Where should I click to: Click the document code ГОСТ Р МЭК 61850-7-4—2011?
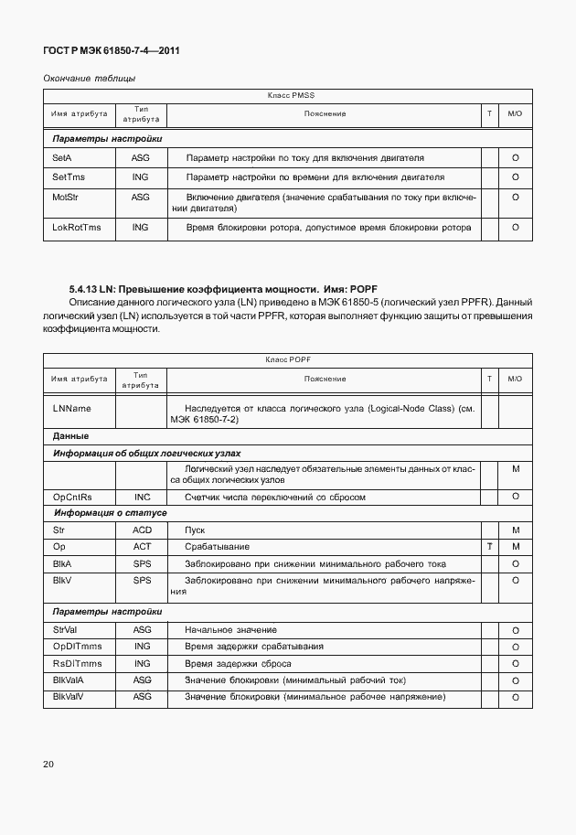coord(112,51)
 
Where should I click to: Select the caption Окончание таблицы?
coord(90,79)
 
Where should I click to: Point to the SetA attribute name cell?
coord(62,158)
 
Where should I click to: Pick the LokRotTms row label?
coord(77,227)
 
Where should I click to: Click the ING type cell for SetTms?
coord(140,177)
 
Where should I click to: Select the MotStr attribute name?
coord(67,197)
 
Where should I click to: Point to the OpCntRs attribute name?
coord(73,497)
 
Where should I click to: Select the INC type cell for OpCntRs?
coord(140,497)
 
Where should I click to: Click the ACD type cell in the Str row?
coord(141,530)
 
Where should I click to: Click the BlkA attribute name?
coord(62,563)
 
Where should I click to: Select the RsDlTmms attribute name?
coord(78,663)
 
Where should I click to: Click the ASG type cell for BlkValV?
coord(141,697)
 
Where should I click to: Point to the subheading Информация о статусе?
coord(110,513)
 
